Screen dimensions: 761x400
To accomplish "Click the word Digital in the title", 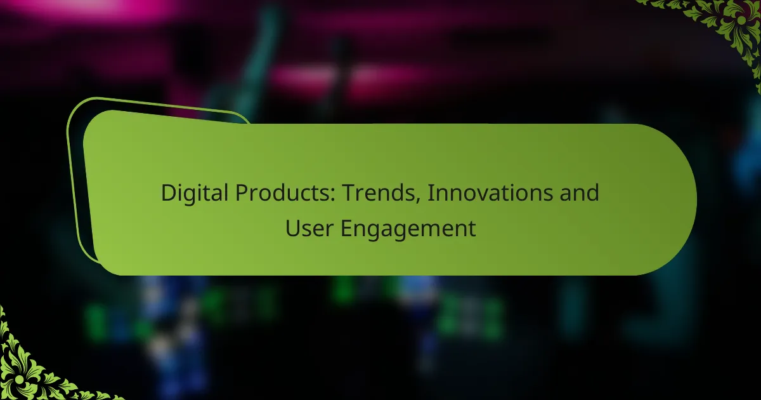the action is click(194, 194).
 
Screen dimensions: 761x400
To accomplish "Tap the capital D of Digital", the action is click(169, 193).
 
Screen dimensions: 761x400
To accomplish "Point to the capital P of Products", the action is click(242, 193).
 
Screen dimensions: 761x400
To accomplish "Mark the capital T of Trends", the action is click(349, 193).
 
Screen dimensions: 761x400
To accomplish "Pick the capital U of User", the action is click(292, 228).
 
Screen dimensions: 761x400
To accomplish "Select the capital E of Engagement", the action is click(346, 228).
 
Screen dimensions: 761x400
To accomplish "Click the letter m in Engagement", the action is click(429, 230).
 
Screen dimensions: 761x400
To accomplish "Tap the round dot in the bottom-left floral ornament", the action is click(20, 379).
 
